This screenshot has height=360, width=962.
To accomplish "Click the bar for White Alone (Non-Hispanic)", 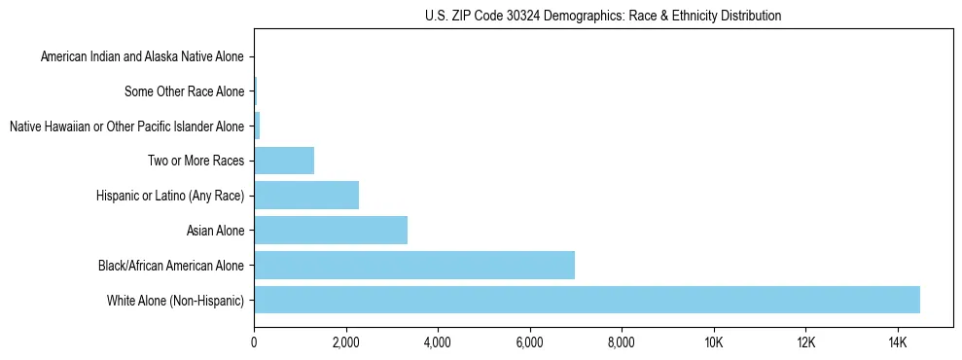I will click(587, 300).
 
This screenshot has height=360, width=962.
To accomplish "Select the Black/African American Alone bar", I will click(414, 265).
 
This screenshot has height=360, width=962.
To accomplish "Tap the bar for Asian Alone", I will click(331, 231).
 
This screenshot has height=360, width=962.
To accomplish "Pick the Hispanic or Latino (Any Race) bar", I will click(306, 196).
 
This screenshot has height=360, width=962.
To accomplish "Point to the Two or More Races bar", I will click(284, 161).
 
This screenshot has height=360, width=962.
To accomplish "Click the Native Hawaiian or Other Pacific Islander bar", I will click(257, 126).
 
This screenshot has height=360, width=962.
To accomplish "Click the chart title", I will click(603, 16).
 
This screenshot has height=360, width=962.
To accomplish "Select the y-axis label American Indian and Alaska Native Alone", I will click(143, 57).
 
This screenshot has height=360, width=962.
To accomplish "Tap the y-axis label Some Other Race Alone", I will click(185, 92).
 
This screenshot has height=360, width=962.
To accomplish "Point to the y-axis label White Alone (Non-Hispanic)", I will click(175, 301).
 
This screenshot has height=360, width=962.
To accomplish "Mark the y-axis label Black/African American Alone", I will click(171, 266).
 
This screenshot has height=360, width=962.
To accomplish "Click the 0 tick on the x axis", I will click(254, 342).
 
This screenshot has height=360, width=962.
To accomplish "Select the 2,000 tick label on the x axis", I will click(345, 342).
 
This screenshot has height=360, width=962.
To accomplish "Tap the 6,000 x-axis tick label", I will click(529, 342).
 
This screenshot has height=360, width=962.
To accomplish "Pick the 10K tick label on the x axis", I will click(713, 342).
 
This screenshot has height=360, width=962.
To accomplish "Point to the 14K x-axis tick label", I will click(897, 342).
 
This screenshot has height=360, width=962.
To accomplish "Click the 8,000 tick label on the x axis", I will click(622, 342).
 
